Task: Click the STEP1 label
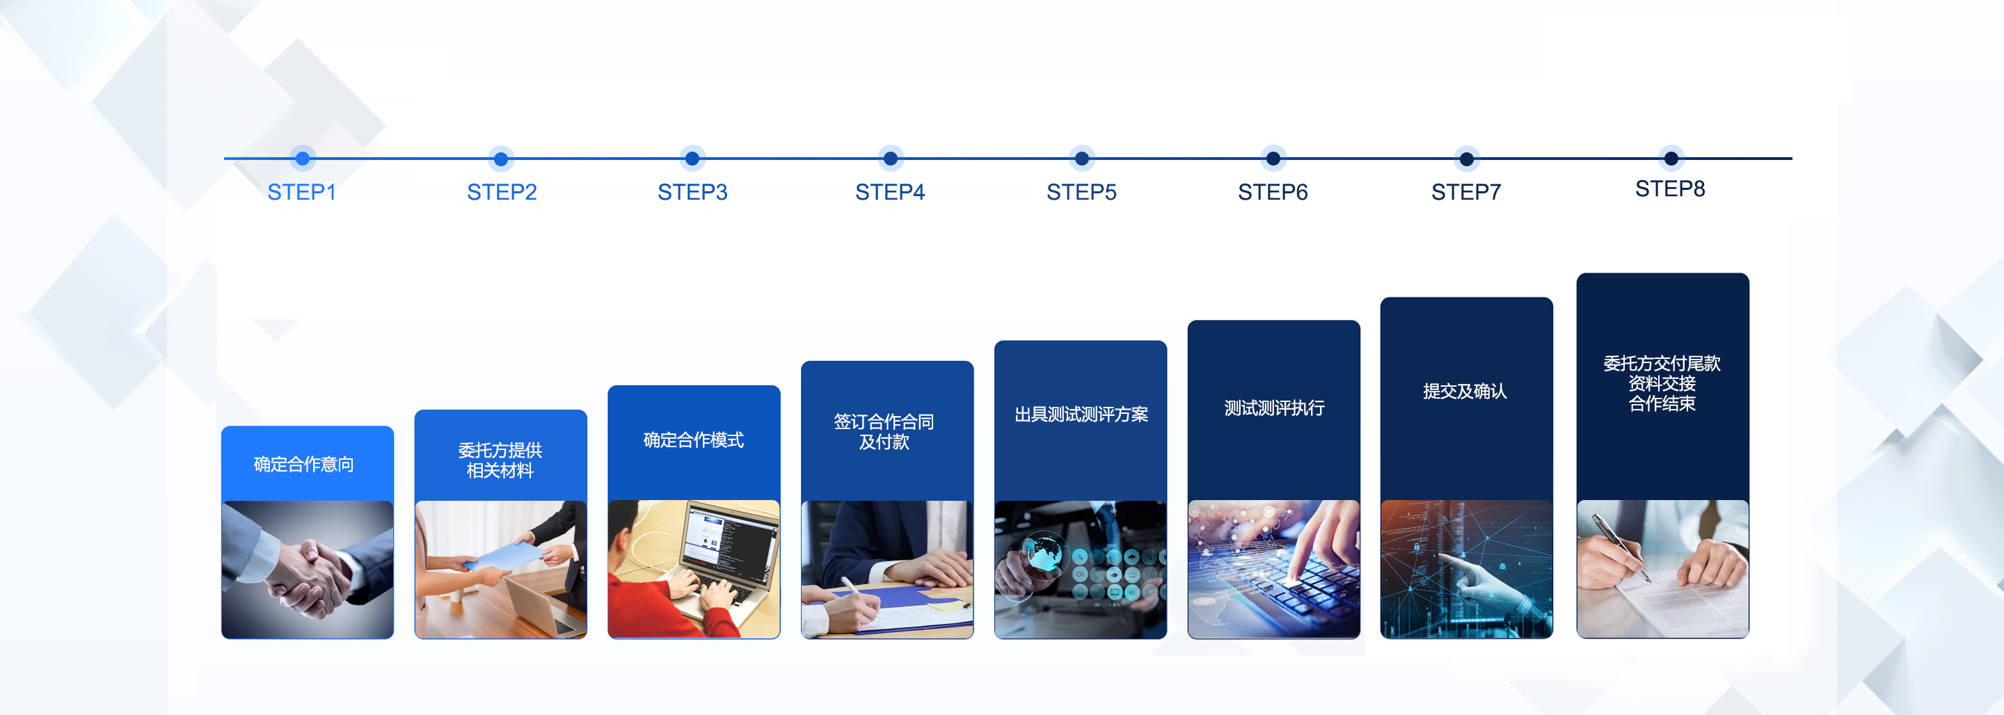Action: click(302, 192)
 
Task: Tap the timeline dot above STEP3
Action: click(692, 159)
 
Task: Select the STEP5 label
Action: click(1081, 192)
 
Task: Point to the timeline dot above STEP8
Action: click(1671, 159)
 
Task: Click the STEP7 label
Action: click(1466, 192)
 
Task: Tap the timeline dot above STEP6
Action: click(1273, 159)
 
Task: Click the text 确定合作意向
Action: click(304, 465)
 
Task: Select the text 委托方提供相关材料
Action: click(500, 460)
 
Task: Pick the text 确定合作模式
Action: click(693, 440)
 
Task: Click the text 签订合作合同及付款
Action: click(884, 432)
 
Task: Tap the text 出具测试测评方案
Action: click(1081, 415)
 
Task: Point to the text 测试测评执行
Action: click(1274, 408)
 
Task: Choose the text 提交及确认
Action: click(1465, 392)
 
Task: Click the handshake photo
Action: click(308, 570)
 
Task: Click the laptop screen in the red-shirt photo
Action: click(728, 537)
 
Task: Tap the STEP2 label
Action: click(502, 192)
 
